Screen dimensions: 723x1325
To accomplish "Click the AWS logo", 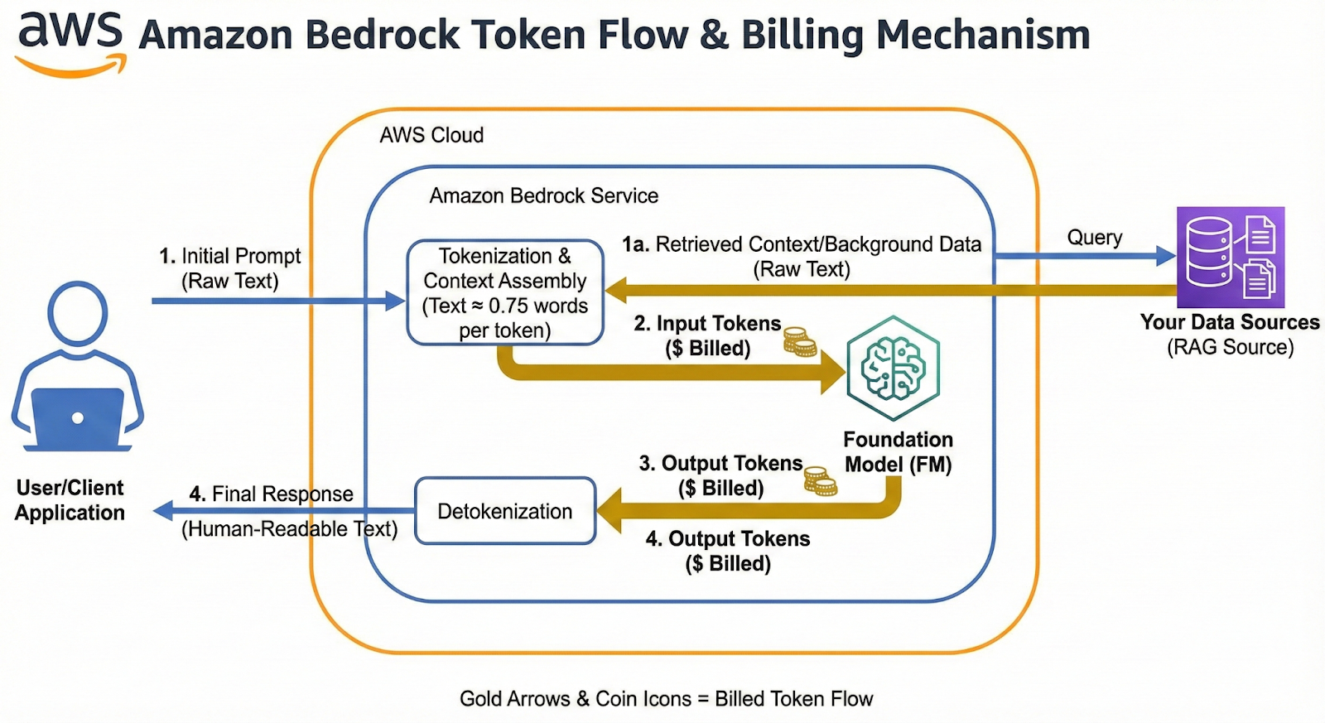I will click(71, 41).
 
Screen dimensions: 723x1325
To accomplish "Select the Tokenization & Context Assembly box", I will click(504, 292).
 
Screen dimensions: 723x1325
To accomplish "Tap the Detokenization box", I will click(504, 511).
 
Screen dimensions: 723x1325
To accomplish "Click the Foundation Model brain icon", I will click(893, 369).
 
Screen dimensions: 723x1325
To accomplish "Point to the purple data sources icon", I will click(1230, 257).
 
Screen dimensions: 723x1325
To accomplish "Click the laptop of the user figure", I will click(77, 417).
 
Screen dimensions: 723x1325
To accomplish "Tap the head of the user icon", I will click(77, 313).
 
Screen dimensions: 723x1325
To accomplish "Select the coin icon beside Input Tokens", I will click(800, 341).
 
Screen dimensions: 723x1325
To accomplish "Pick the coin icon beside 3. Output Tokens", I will click(820, 480).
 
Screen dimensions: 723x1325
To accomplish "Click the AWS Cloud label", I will click(431, 135).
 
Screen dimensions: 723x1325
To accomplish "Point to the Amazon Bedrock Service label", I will click(543, 195).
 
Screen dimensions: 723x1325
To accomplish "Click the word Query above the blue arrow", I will click(1094, 238).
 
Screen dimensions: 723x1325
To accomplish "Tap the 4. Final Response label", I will click(271, 494).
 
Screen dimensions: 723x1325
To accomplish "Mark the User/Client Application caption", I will click(70, 500).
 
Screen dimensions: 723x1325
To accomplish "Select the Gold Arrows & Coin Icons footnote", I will click(666, 699).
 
